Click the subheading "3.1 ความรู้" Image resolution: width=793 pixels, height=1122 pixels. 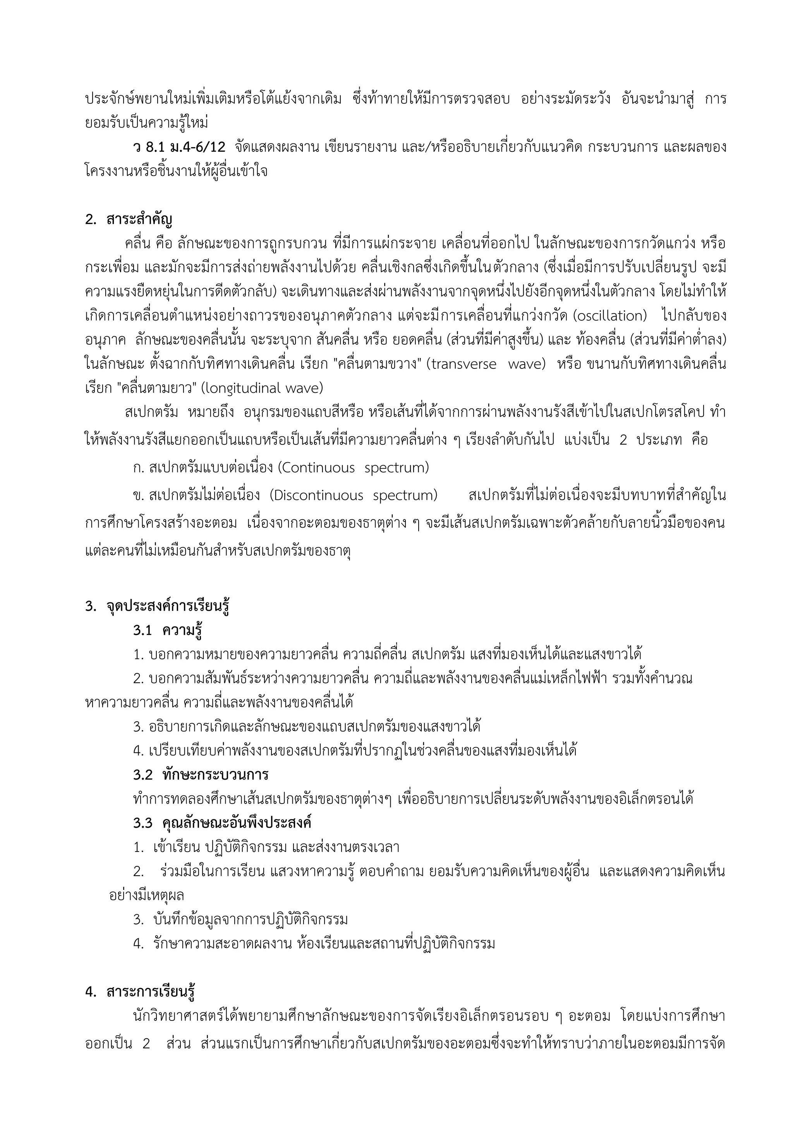168,630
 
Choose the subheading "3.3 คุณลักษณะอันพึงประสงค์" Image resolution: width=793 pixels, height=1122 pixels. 222,823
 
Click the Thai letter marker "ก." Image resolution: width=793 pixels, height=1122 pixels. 139,468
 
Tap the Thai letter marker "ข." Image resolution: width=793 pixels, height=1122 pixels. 139,496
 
